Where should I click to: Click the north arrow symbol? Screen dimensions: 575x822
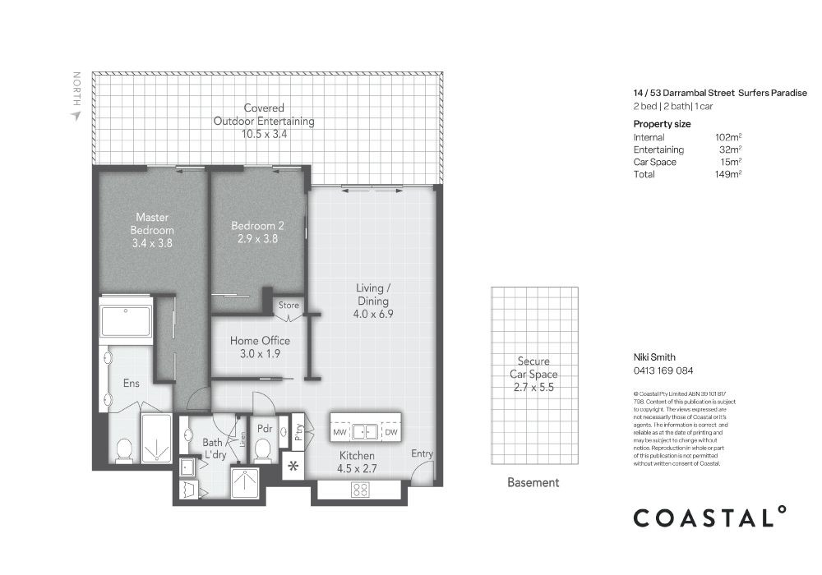76,116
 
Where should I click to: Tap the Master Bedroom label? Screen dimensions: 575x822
151,230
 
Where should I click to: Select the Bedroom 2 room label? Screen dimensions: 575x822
257,232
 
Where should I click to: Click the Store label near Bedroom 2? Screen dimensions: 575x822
289,305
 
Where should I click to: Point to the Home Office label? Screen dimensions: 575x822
260,347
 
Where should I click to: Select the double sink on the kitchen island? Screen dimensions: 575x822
365,431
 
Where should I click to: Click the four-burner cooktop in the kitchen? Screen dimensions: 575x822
360,490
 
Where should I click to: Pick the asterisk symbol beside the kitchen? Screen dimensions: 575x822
292,468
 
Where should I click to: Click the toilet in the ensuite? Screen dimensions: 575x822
123,450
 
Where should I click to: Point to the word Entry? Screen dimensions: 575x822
423,454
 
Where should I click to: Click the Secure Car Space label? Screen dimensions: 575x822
533,374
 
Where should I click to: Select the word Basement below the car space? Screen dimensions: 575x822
533,483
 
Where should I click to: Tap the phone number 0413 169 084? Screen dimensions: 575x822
663,370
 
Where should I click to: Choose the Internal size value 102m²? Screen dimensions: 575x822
728,137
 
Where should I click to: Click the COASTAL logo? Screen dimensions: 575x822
709,517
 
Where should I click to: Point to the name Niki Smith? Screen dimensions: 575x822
653,357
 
